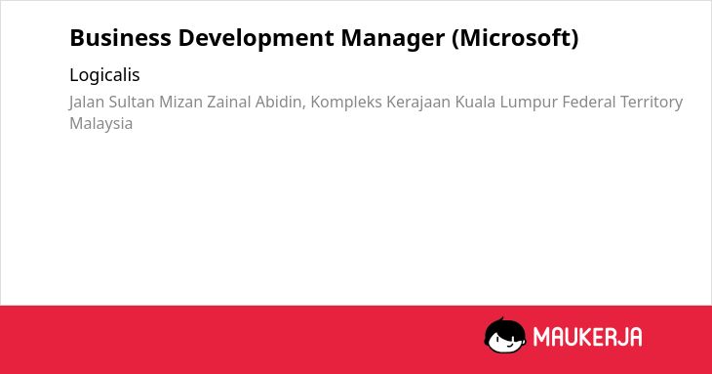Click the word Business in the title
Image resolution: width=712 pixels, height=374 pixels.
click(x=120, y=38)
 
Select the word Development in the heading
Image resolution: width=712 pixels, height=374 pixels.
click(x=257, y=39)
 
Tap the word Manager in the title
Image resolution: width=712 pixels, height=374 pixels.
click(x=393, y=39)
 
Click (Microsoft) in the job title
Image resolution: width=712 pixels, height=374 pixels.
click(x=515, y=38)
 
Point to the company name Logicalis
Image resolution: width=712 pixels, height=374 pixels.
click(x=104, y=75)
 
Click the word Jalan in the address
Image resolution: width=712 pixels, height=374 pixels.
click(x=87, y=103)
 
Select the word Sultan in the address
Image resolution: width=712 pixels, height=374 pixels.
click(x=132, y=102)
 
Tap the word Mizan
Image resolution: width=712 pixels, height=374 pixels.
click(x=180, y=102)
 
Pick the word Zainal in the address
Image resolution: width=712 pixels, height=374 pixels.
click(x=229, y=102)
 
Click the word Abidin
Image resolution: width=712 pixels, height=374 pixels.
click(x=280, y=103)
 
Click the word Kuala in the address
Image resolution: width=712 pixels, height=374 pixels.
click(x=475, y=102)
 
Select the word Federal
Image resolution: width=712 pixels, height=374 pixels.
click(x=588, y=102)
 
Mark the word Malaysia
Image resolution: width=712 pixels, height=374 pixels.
click(x=100, y=124)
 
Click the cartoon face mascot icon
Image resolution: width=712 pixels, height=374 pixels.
click(x=505, y=335)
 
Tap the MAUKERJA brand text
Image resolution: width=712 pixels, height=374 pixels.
click(x=587, y=337)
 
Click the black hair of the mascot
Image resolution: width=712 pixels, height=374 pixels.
click(x=504, y=326)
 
